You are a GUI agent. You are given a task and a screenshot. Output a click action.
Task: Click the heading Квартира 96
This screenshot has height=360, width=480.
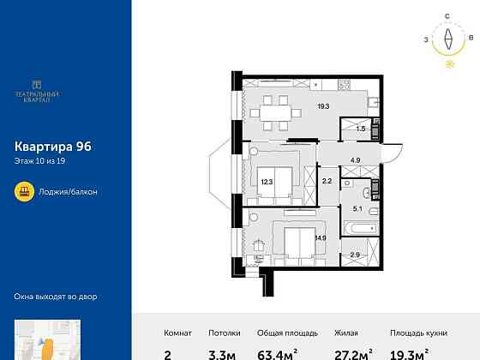pos(53,146)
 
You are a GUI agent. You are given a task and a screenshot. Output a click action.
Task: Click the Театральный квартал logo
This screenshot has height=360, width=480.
pos(37,90)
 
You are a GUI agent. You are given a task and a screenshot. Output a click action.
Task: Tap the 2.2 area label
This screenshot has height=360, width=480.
pos(327,181)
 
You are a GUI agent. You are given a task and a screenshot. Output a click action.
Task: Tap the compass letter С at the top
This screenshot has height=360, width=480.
pos(447,16)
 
